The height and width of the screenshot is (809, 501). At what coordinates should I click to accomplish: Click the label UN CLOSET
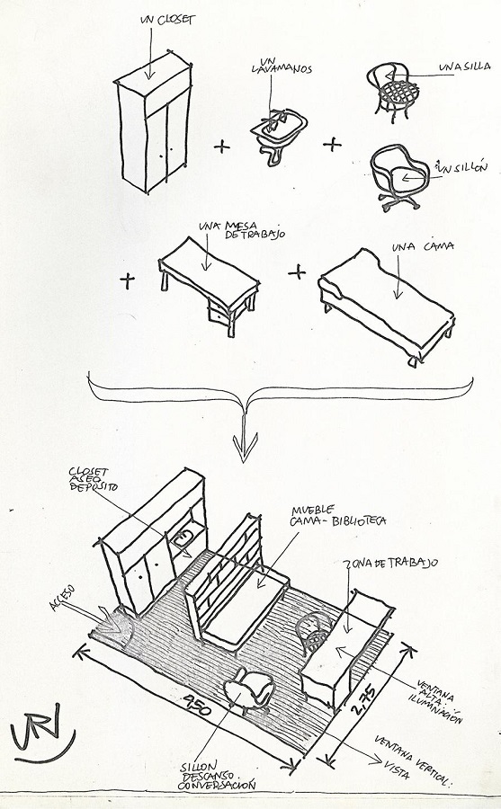[x=168, y=20]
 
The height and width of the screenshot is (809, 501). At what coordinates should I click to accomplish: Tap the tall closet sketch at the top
[x=154, y=121]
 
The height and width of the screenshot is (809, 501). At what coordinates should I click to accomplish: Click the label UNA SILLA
[x=464, y=67]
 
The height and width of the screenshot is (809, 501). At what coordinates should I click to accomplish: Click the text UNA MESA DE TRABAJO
[x=242, y=230]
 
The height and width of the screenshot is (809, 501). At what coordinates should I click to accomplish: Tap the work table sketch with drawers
[x=209, y=285]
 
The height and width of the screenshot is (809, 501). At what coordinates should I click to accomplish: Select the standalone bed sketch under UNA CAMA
[x=387, y=307]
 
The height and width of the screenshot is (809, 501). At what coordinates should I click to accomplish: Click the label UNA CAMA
[x=423, y=246]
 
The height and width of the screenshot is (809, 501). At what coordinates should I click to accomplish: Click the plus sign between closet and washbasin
[x=221, y=147]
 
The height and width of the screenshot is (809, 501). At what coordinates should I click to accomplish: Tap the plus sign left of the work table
[x=127, y=280]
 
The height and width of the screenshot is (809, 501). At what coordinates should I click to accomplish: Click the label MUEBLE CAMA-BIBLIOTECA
[x=338, y=516]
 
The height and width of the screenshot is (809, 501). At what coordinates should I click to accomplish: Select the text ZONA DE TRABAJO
[x=391, y=563]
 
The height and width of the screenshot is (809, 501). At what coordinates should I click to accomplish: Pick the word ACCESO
[x=62, y=598]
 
